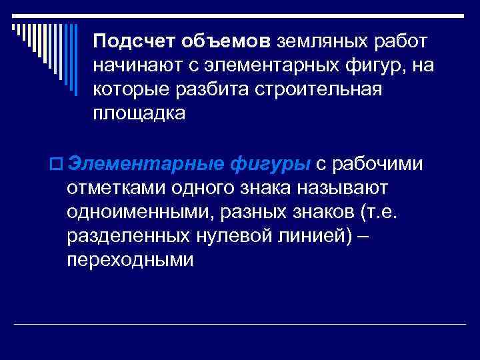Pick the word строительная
[319, 90]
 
